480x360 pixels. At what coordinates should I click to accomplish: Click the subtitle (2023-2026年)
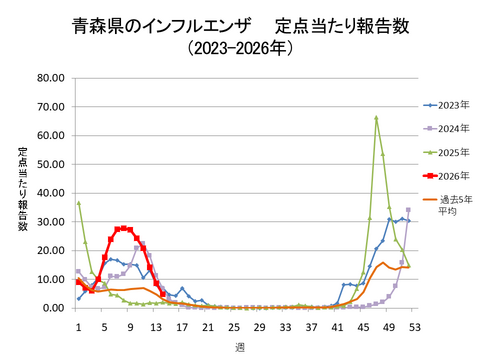[241, 47]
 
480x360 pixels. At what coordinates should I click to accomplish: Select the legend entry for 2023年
[449, 103]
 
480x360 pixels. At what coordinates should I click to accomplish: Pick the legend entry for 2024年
[449, 127]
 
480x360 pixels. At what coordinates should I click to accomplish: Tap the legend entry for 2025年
[449, 151]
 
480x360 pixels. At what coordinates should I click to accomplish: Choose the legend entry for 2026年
[449, 175]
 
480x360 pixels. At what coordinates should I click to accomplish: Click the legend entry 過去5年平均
[449, 205]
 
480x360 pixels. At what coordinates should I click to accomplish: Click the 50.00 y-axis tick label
[51, 164]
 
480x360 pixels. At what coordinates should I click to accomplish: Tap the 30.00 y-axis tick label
[51, 222]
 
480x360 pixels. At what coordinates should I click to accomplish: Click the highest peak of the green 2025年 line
[376, 118]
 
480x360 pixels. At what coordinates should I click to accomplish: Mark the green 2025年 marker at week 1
[79, 203]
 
